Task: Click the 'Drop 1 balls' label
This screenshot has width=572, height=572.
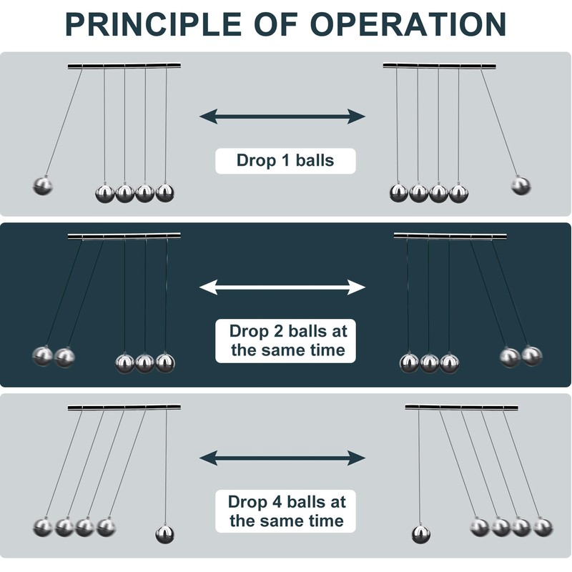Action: [x=285, y=160]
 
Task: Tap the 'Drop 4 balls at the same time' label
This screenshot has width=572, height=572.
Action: [x=286, y=511]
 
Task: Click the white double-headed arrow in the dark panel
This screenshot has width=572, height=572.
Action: [x=282, y=287]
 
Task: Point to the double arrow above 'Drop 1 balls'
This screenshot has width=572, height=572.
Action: [x=282, y=116]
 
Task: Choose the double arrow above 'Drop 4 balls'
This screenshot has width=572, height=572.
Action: [x=282, y=458]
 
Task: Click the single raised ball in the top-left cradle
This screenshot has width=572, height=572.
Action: [x=43, y=186]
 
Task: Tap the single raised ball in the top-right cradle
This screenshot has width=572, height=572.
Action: [x=521, y=186]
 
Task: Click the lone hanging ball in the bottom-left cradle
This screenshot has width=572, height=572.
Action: [x=165, y=533]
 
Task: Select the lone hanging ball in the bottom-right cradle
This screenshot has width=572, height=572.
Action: [x=420, y=533]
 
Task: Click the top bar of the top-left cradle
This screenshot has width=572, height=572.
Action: [x=124, y=66]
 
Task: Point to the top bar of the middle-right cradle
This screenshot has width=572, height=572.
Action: [x=450, y=236]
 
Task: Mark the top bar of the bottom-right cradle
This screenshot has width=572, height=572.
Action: [x=461, y=408]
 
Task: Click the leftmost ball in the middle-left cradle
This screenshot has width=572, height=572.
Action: [x=43, y=355]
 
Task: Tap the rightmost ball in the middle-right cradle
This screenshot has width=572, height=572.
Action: [x=531, y=355]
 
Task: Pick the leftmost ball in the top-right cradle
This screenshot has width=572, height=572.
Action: [x=398, y=192]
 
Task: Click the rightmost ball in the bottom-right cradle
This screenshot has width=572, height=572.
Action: [x=543, y=528]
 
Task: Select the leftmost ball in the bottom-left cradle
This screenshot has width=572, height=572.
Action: [x=43, y=528]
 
